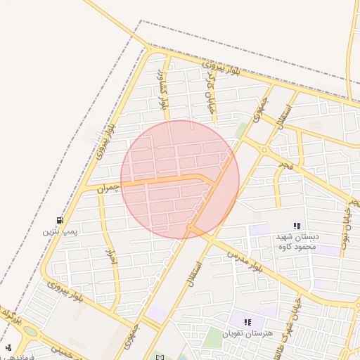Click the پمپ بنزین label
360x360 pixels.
59,231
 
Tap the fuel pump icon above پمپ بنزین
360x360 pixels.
59,219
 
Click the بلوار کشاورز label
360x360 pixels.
164,89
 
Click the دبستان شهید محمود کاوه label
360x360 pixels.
296,242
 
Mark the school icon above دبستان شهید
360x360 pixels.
297,226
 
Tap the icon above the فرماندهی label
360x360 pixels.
8,347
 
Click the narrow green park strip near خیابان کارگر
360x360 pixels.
241,130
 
